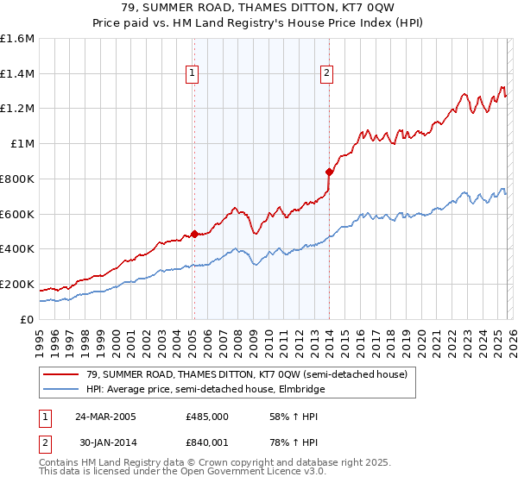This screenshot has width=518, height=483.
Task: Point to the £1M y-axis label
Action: pyautogui.click(x=22, y=144)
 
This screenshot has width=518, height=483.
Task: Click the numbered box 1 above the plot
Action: pyautogui.click(x=192, y=74)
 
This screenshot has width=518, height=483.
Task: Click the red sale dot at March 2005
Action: pyautogui.click(x=194, y=234)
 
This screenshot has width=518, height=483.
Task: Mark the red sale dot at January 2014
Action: pyautogui.click(x=329, y=171)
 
